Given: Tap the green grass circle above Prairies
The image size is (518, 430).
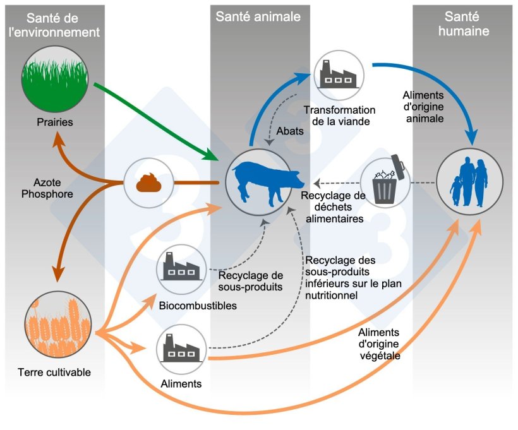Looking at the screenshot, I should (55, 76).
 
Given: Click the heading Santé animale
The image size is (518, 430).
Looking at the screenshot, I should (258, 16).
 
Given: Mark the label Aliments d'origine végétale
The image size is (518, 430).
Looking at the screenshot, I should (379, 343).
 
